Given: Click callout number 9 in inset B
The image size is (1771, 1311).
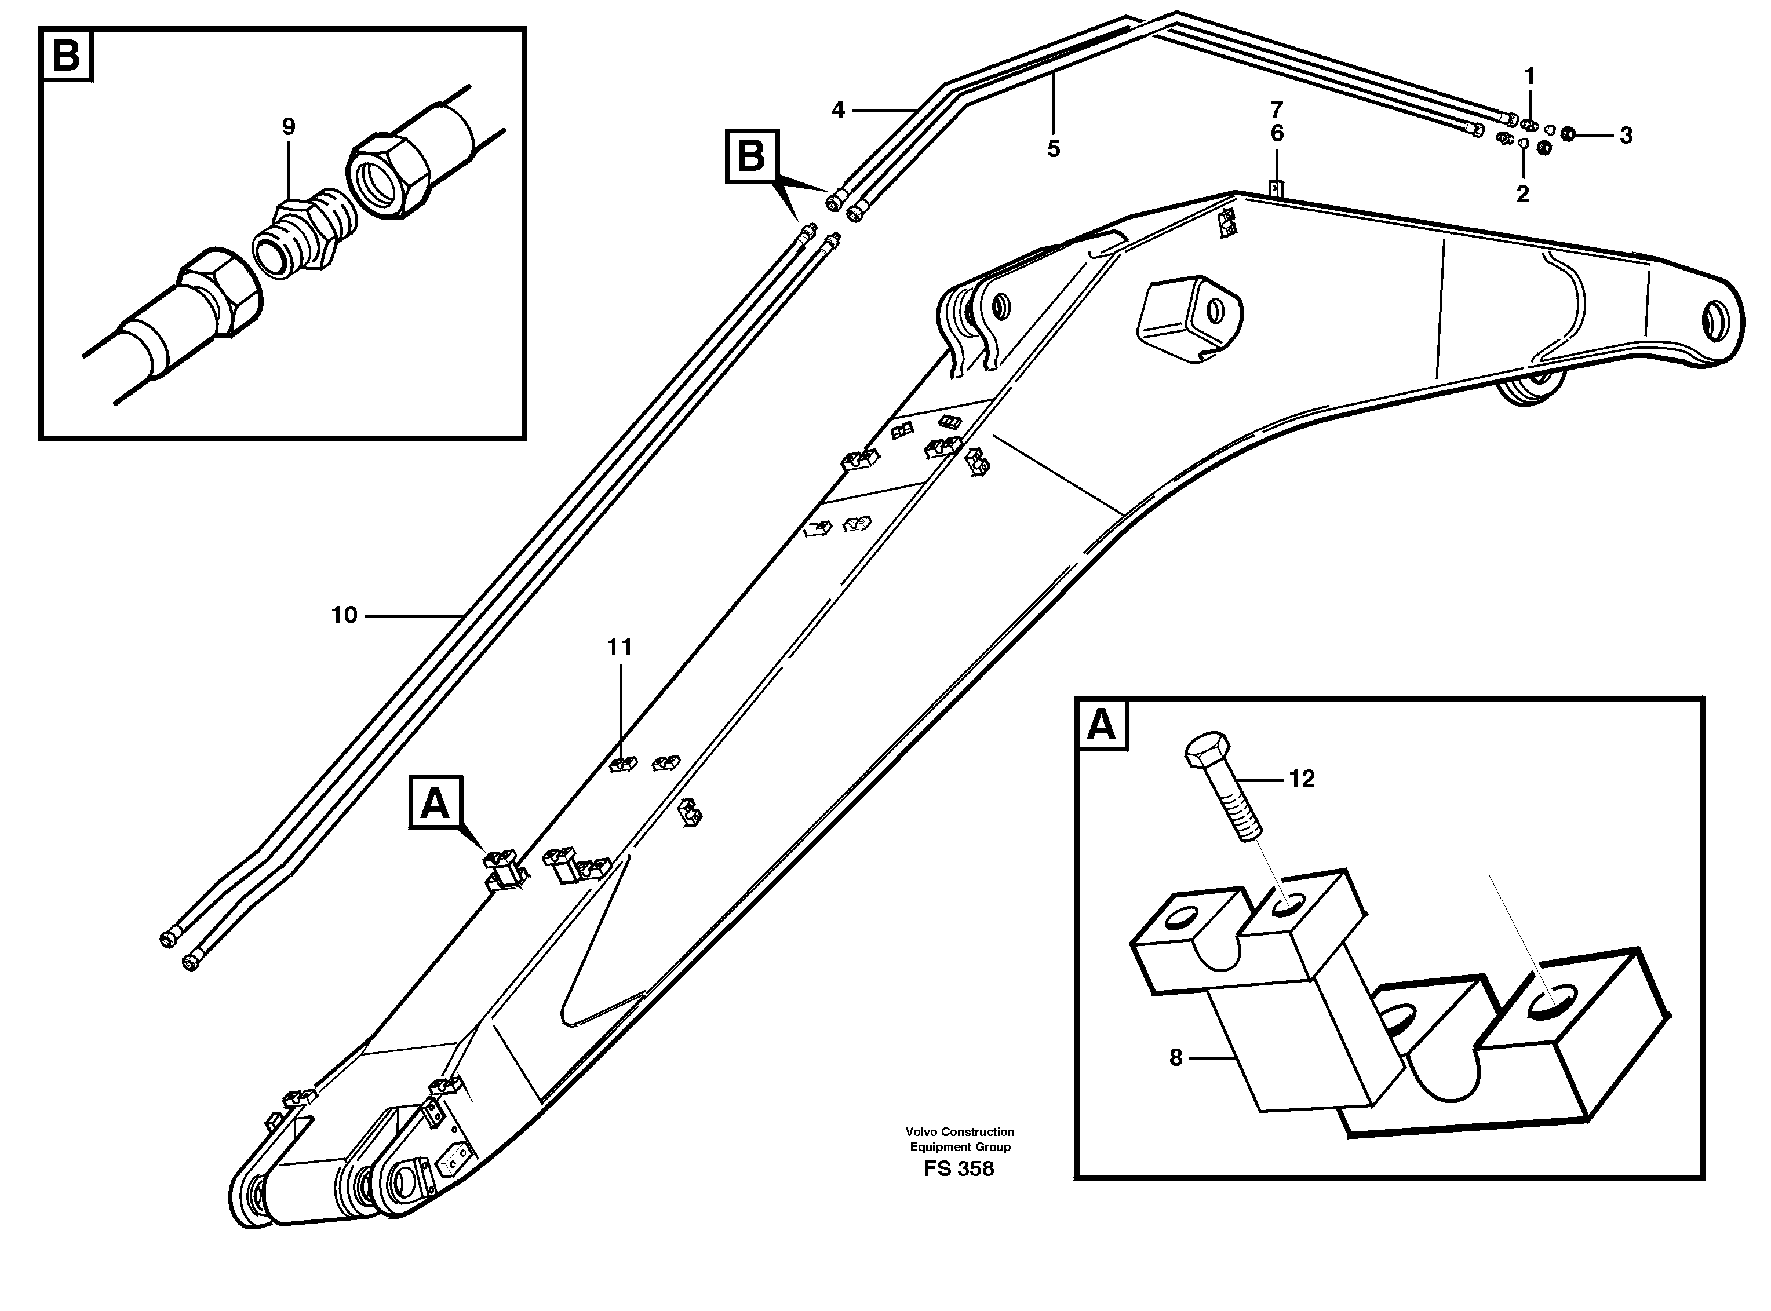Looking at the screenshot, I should (288, 127).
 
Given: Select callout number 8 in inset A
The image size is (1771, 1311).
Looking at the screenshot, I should (1176, 1057).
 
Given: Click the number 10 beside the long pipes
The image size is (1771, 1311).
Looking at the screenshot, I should (344, 615).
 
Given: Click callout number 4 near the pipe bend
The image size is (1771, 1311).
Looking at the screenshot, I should (838, 110).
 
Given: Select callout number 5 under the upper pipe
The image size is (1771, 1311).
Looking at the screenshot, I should (1054, 148).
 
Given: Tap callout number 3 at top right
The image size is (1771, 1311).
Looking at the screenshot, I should (1626, 136).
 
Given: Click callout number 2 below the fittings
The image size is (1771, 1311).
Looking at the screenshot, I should (1522, 193).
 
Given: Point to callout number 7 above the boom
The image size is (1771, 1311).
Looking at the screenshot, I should (1277, 109).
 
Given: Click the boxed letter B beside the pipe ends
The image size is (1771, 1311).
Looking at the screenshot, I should (751, 156).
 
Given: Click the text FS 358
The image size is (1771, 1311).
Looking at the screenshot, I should (959, 1169).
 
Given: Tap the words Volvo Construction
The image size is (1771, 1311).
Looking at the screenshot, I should (960, 1131).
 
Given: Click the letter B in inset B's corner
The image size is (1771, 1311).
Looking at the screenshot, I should (67, 56).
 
